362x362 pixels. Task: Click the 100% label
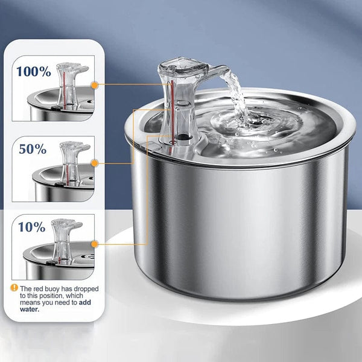click(x=34, y=71)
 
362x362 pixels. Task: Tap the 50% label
click(x=32, y=149)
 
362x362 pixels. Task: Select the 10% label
click(x=31, y=227)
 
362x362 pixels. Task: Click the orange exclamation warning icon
click(x=14, y=288)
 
